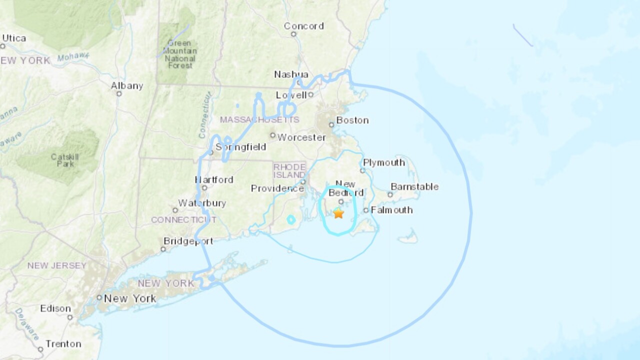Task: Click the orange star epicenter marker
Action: click(x=338, y=213)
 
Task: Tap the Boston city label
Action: click(x=352, y=120)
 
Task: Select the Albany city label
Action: click(x=127, y=86)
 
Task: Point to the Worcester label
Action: click(x=301, y=137)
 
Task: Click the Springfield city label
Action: click(x=240, y=147)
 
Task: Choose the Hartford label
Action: click(x=214, y=179)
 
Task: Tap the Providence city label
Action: click(x=277, y=188)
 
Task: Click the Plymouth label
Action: click(x=384, y=162)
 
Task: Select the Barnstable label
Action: click(x=414, y=186)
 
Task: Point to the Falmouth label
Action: click(x=391, y=210)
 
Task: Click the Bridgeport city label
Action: click(x=188, y=241)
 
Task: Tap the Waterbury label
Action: click(x=202, y=203)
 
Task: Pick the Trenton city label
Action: click(x=63, y=344)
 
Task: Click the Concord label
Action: click(x=303, y=26)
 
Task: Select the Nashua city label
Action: click(x=291, y=74)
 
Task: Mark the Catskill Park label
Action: click(x=64, y=160)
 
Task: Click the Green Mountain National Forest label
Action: click(x=179, y=54)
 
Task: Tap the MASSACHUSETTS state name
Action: click(x=259, y=120)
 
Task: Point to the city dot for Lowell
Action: click(x=310, y=94)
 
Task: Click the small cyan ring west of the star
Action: click(x=291, y=219)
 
